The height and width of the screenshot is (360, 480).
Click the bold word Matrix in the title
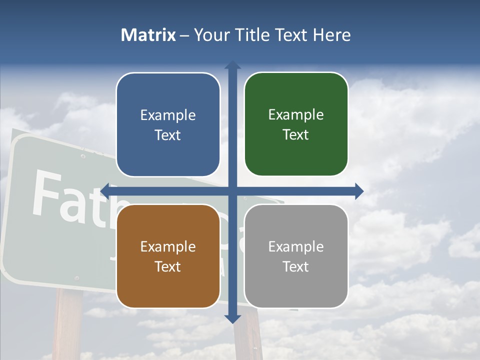[148, 35]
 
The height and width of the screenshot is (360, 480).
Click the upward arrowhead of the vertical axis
[232, 65]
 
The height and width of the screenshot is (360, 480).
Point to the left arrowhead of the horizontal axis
[105, 190]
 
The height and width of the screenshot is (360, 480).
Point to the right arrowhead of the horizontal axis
[358, 190]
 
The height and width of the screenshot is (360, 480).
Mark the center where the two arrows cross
[232, 190]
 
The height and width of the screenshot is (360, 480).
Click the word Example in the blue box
[168, 115]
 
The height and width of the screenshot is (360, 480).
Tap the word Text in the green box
[296, 135]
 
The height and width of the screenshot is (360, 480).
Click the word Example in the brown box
[168, 246]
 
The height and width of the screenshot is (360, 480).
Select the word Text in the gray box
[296, 266]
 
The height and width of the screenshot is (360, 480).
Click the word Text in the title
[291, 35]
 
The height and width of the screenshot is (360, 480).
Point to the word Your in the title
[209, 35]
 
